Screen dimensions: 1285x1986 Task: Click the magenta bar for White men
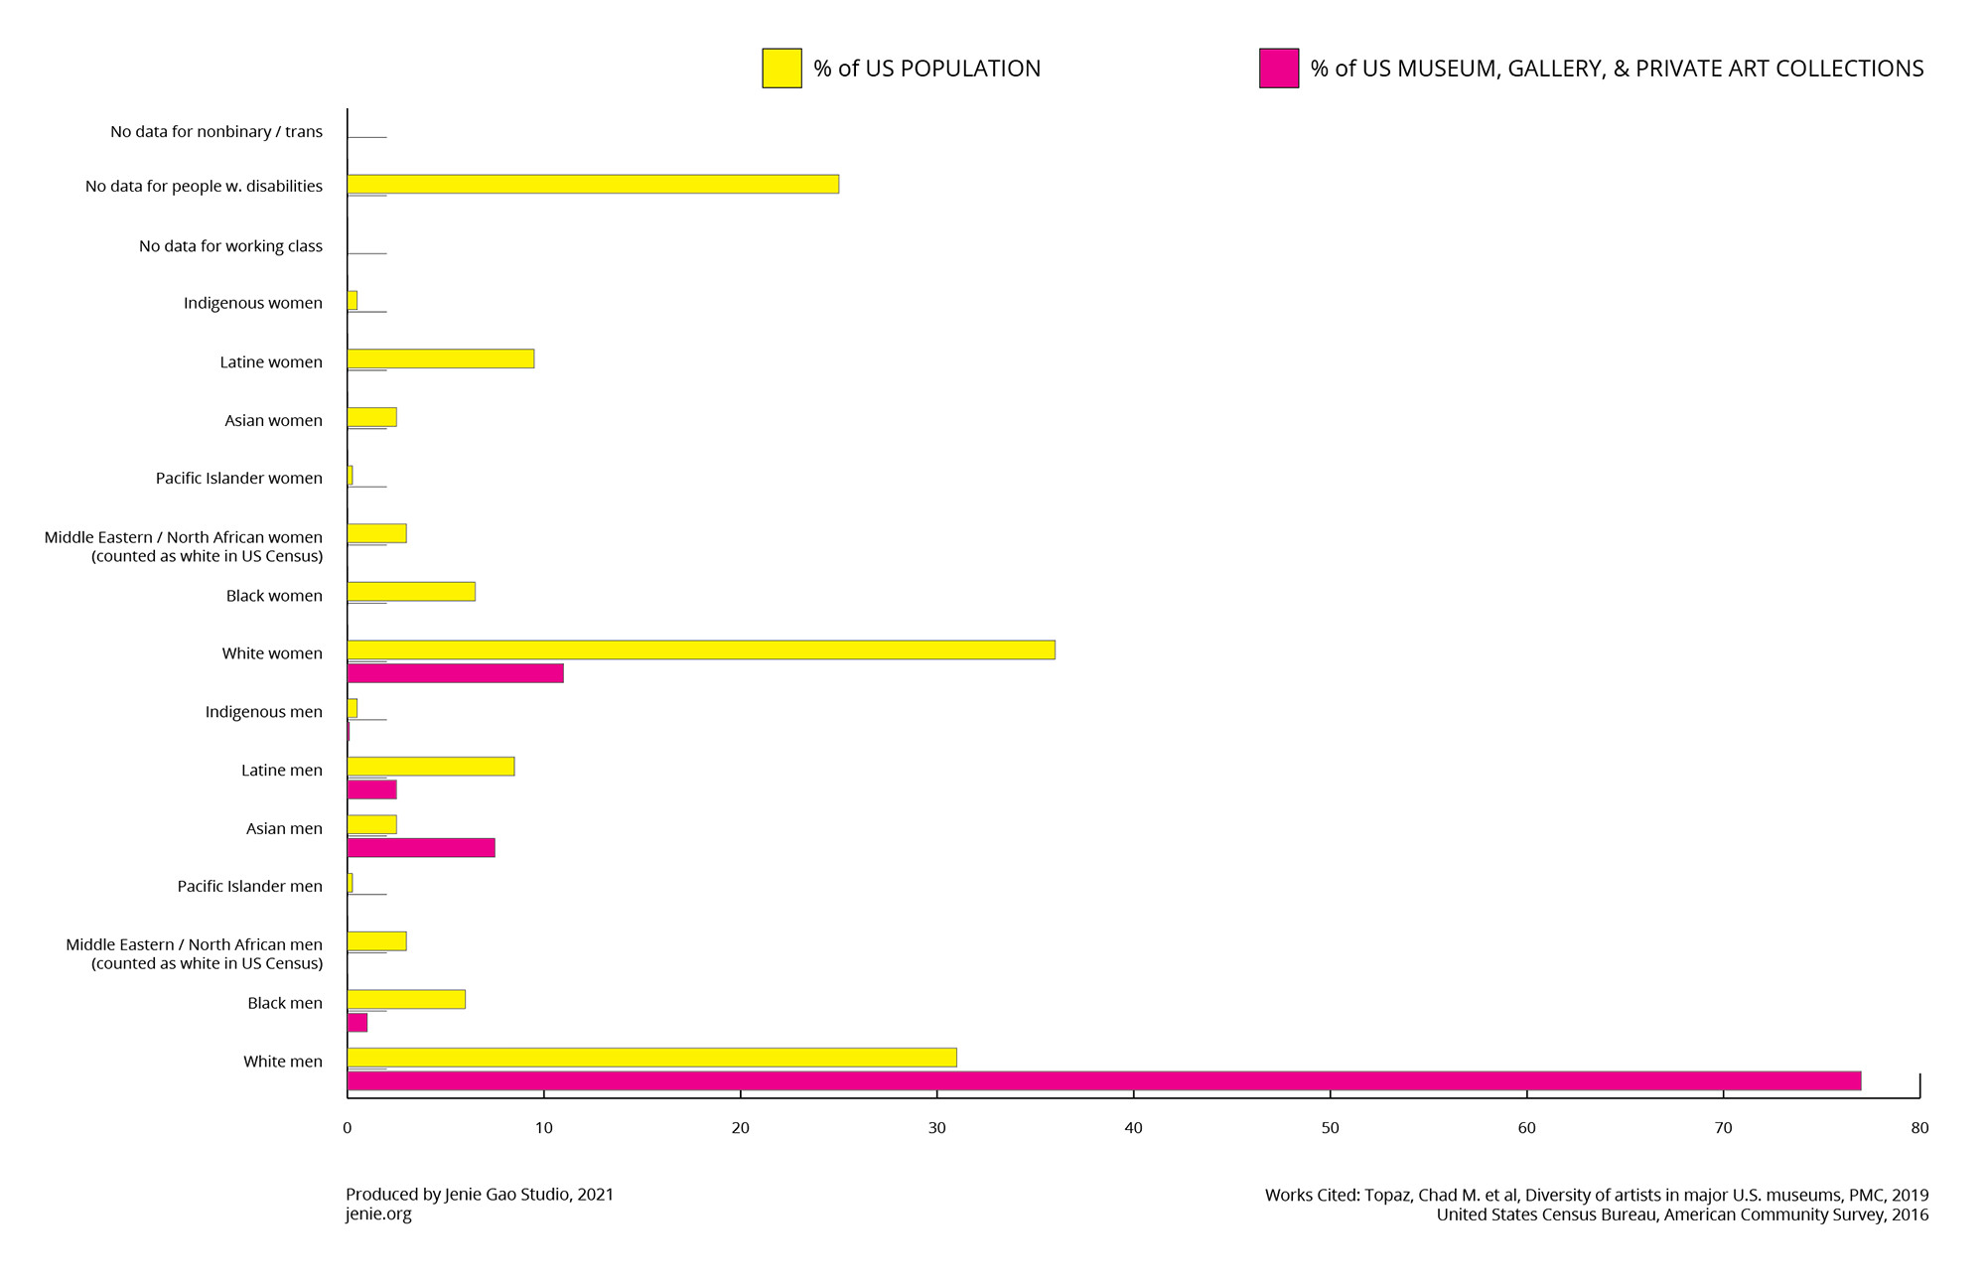point(1103,1080)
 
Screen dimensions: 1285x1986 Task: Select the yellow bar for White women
point(701,649)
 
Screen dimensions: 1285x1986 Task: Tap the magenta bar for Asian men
point(421,847)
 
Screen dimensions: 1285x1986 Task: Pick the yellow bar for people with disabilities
point(593,184)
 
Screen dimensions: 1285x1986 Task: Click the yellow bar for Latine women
point(441,358)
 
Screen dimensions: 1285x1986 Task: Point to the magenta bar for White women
point(456,673)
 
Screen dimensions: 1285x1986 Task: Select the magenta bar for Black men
point(357,1022)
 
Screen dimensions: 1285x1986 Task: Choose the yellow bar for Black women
point(411,592)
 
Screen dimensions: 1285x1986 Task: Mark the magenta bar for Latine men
point(372,789)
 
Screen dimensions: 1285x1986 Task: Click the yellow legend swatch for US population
point(781,69)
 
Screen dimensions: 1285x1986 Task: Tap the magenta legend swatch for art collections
point(1278,69)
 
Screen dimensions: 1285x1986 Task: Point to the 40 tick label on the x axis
point(1133,1128)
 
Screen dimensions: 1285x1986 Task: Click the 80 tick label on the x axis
point(1919,1128)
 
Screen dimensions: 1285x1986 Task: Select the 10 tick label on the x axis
point(543,1128)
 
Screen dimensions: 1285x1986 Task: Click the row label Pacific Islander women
point(239,479)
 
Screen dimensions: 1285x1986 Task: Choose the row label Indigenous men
point(264,712)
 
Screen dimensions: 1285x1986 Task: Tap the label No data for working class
point(230,246)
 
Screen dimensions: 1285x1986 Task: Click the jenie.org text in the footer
point(378,1214)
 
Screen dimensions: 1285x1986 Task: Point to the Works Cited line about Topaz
point(1596,1195)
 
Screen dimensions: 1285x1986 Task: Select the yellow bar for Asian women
point(371,417)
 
